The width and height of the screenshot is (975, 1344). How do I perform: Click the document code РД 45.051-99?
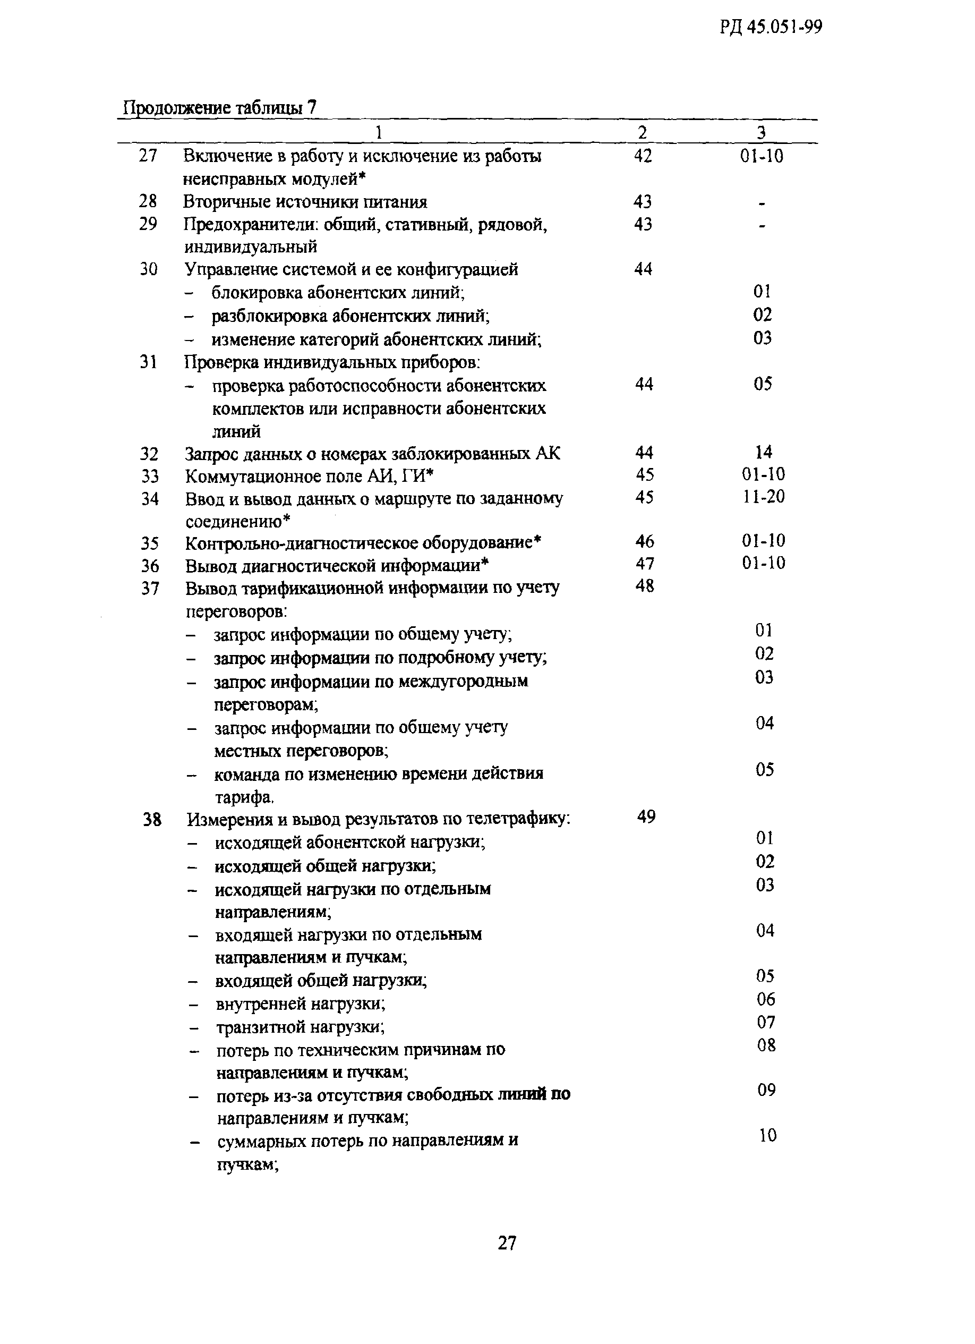pyautogui.click(x=771, y=27)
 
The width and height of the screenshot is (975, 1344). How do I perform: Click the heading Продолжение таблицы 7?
pyautogui.click(x=219, y=108)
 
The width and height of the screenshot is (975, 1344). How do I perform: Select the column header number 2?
pyautogui.click(x=643, y=132)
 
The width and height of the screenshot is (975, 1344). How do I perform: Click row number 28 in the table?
pyautogui.click(x=148, y=201)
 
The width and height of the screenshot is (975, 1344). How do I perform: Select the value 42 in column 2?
pyautogui.click(x=643, y=156)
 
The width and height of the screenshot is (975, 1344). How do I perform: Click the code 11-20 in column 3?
pyautogui.click(x=764, y=497)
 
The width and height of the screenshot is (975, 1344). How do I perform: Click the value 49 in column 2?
pyautogui.click(x=646, y=817)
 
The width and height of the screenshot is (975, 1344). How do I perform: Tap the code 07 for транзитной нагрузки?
pyautogui.click(x=766, y=1022)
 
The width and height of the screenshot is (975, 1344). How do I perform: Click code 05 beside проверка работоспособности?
pyautogui.click(x=763, y=384)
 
